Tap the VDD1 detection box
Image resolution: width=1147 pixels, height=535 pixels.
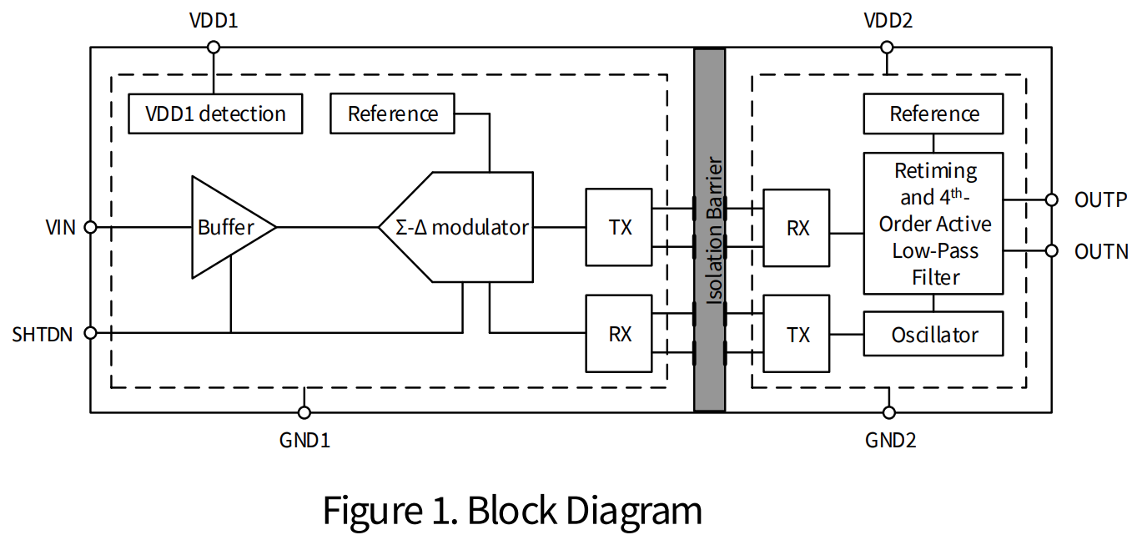[x=215, y=114]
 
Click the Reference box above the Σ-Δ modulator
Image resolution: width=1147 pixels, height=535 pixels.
[x=392, y=114]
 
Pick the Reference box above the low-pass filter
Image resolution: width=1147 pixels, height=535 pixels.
[x=933, y=114]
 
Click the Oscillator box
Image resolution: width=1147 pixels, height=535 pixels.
[x=933, y=336]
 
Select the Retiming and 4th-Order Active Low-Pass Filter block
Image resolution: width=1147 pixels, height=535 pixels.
[x=933, y=223]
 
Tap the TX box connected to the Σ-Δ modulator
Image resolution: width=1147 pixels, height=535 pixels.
[x=619, y=227]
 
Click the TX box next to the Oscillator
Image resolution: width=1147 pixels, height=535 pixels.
[x=797, y=335]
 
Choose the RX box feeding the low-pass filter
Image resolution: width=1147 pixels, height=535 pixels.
[x=797, y=227]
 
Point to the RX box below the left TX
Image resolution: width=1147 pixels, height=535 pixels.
[x=619, y=334]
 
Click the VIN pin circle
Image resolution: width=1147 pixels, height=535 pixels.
[x=91, y=227]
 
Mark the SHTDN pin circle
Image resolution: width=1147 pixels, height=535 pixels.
[x=91, y=333]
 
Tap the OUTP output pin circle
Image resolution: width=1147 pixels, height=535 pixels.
[x=1052, y=200]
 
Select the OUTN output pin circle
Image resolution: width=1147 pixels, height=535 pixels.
[x=1052, y=251]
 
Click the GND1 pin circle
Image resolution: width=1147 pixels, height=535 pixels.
[x=304, y=412]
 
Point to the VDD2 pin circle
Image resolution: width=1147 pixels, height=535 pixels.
[x=887, y=48]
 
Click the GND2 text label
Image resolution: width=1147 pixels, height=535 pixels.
[x=889, y=440]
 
